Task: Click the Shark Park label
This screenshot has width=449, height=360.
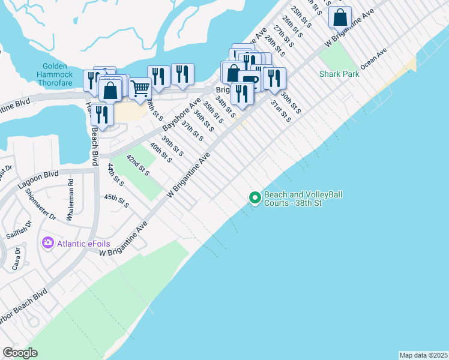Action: [340, 74]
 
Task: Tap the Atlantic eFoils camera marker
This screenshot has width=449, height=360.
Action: [47, 243]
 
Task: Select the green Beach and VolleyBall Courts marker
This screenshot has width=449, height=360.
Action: [255, 197]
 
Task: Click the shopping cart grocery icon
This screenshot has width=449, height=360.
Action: [140, 88]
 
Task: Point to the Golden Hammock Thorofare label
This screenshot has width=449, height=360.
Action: [59, 71]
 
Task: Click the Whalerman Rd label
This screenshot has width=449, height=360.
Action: [70, 193]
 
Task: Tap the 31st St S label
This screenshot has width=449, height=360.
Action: [281, 111]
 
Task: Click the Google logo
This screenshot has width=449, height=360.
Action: [20, 353]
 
